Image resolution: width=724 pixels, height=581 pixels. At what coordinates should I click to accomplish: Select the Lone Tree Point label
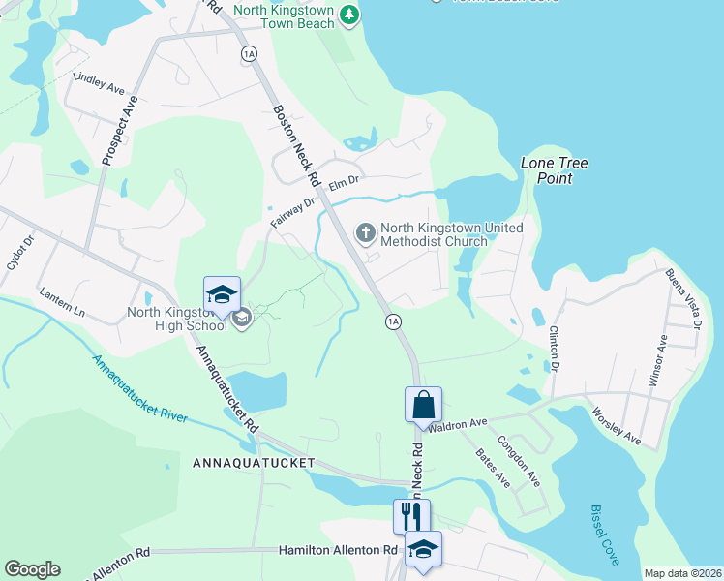point(555,170)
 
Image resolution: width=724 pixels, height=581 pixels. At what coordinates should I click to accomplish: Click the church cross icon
point(365,231)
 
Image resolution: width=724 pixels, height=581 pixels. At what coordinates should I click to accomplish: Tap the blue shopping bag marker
point(424,404)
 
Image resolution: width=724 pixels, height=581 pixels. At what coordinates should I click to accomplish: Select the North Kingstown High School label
point(176,319)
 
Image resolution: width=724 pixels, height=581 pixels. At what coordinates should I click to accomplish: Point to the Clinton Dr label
point(555,349)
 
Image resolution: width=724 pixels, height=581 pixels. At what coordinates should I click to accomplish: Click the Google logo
point(32,569)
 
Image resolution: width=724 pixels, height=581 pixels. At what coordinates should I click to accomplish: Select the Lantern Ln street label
point(62,302)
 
